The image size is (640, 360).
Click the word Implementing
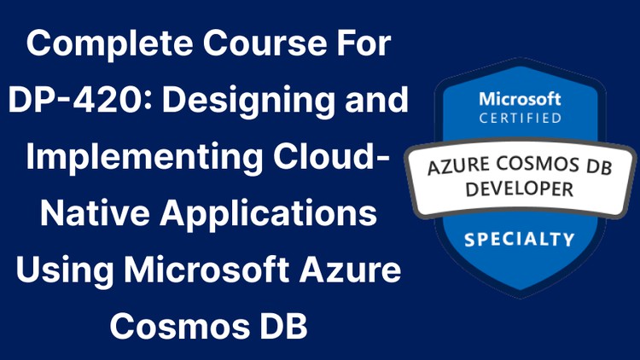click(x=144, y=158)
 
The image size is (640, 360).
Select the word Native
click(x=95, y=212)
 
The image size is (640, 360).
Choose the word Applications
click(x=268, y=214)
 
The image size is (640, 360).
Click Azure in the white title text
click(x=350, y=270)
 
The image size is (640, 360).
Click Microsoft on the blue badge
click(x=520, y=99)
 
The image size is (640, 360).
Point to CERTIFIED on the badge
click(x=521, y=118)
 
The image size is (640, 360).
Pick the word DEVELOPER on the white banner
click(x=520, y=189)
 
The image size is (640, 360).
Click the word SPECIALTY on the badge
click(x=520, y=239)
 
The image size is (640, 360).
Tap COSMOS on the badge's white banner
click(x=538, y=164)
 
